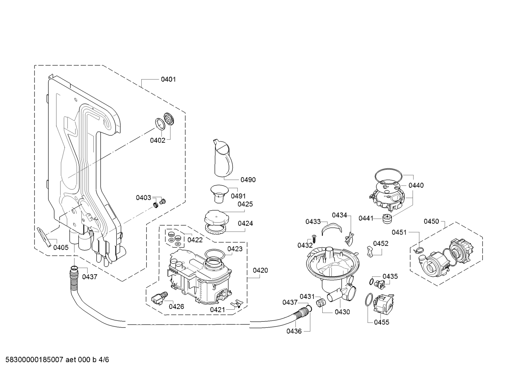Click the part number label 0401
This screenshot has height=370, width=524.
click(168, 80)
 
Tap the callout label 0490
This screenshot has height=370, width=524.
click(248, 180)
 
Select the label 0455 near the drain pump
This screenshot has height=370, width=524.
click(382, 322)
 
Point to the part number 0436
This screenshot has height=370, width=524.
click(294, 331)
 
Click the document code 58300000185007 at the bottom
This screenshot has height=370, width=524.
click(34, 360)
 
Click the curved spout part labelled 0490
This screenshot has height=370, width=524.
click(222, 159)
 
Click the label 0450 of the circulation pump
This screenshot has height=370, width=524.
click(431, 221)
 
